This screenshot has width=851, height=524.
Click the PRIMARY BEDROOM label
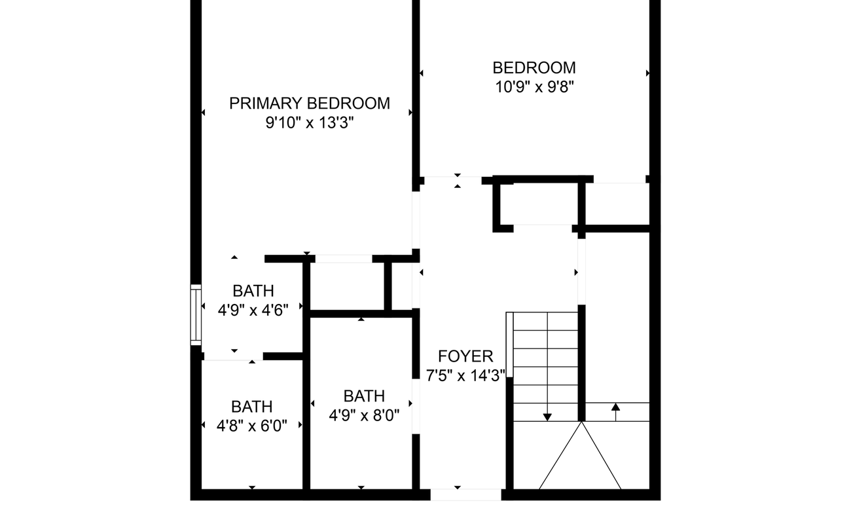pyautogui.click(x=309, y=103)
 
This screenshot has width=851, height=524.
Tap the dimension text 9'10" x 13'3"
pyautogui.click(x=309, y=123)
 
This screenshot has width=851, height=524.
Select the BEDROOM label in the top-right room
pyautogui.click(x=534, y=68)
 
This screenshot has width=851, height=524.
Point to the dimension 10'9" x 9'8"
pyautogui.click(x=534, y=87)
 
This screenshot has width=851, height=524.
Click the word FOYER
pyautogui.click(x=465, y=357)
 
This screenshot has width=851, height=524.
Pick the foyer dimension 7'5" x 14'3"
pyautogui.click(x=465, y=376)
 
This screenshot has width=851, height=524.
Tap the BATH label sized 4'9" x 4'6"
pyautogui.click(x=253, y=291)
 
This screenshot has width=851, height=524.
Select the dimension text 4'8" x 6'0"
pyautogui.click(x=252, y=426)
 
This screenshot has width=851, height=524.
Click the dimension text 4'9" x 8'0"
pyautogui.click(x=364, y=415)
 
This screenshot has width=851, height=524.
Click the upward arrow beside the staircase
pyautogui.click(x=615, y=410)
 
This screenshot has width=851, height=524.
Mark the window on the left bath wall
pyautogui.click(x=196, y=315)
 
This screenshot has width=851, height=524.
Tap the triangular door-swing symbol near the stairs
pyautogui.click(x=580, y=458)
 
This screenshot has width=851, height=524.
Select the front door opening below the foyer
pyautogui.click(x=466, y=495)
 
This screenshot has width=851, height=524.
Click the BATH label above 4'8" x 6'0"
pyautogui.click(x=252, y=407)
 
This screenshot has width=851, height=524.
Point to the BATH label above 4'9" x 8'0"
pyautogui.click(x=364, y=396)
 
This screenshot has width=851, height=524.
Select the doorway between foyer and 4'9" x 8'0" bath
pyautogui.click(x=416, y=406)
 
